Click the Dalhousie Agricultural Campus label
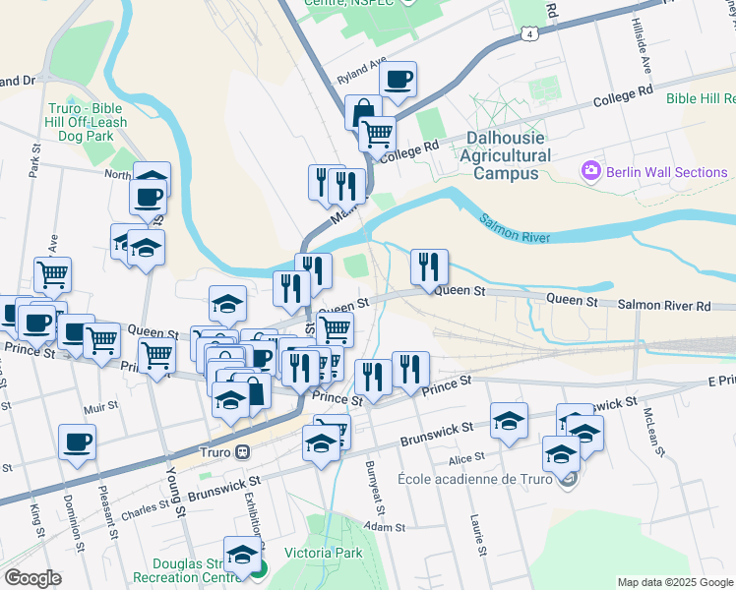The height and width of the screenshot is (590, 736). [x=506, y=155]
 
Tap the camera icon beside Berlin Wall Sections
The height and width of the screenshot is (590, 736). [x=590, y=171]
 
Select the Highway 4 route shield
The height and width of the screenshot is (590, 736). [x=530, y=34]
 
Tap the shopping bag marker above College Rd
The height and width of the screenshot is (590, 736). [x=363, y=112]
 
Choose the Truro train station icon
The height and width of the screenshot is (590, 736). [x=242, y=452]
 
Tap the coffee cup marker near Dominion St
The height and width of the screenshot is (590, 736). [x=77, y=442]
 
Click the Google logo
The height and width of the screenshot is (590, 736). [x=33, y=577]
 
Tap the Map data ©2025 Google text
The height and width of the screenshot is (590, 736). [x=674, y=582]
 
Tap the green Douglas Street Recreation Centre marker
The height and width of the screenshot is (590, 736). [x=257, y=566]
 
